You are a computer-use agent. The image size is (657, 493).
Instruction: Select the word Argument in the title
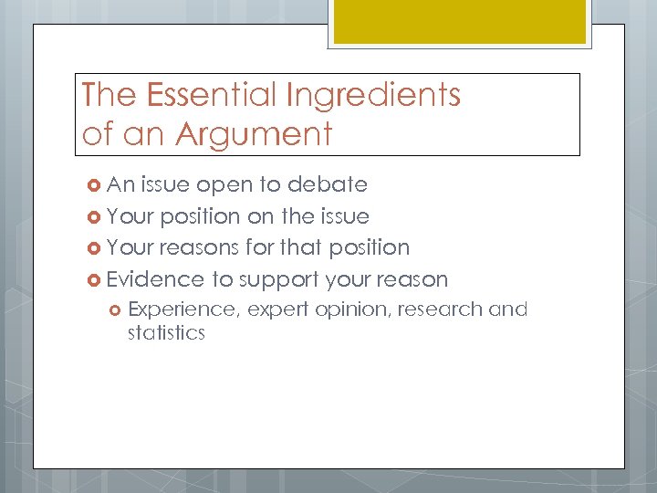[254, 134]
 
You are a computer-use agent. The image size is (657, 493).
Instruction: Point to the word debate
[327, 184]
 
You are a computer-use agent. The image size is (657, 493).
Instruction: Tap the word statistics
[166, 332]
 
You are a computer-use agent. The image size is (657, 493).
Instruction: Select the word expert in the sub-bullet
[278, 310]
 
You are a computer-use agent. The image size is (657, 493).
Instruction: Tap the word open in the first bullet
[225, 185]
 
